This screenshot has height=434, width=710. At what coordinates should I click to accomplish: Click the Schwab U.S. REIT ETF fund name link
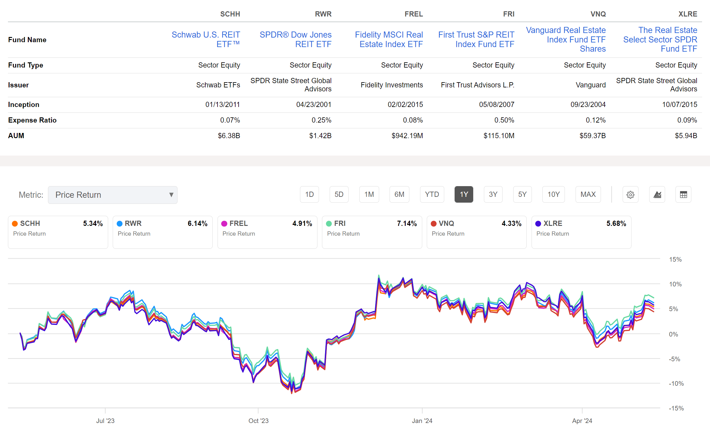pos(206,39)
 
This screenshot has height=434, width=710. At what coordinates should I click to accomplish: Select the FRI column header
pos(509,14)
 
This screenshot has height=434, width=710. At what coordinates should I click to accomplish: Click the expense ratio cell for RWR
pos(321,120)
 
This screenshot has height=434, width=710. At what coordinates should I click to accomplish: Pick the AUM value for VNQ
pos(592,136)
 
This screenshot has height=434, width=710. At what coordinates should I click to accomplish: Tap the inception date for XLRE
pos(679,105)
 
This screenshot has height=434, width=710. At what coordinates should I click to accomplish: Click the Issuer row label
pos(18,85)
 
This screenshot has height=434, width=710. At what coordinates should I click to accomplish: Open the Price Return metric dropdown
pos(113,195)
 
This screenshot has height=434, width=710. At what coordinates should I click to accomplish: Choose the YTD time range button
pos(432,194)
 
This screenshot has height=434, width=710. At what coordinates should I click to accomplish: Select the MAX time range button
pos(588,194)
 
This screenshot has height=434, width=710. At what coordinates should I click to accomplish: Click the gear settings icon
pos(630,195)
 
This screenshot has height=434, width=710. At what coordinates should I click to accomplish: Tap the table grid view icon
pos(683,195)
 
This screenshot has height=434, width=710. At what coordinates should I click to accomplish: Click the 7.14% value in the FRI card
pos(407,223)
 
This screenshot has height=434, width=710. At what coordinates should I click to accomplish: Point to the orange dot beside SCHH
pos(15,224)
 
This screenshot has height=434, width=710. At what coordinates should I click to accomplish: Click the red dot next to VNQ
pos(434,224)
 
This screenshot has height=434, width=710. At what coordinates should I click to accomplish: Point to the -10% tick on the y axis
pos(676,384)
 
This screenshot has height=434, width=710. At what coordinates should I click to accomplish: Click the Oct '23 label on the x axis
pos(258,421)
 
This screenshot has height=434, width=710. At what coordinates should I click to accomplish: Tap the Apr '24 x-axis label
pos(582,421)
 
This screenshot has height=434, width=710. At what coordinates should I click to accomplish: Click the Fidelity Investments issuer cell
pos(392,85)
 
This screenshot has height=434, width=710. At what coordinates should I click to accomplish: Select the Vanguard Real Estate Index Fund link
pos(566,39)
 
